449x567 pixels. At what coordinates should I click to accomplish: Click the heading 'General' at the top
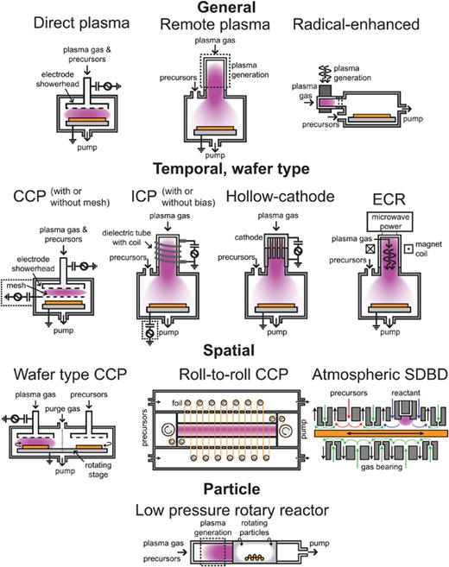click(224, 7)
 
